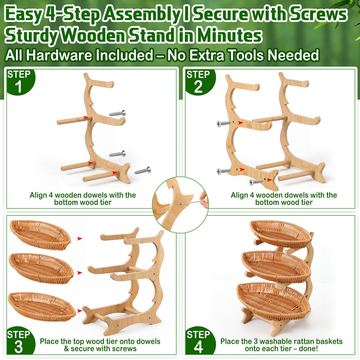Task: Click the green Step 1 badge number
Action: (x=18, y=87)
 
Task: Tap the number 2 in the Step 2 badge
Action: (x=198, y=87)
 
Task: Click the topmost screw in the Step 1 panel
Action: (x=117, y=113)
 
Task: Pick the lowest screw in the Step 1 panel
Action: (x=143, y=171)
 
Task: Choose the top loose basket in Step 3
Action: (x=40, y=234)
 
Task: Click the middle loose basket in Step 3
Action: (x=41, y=268)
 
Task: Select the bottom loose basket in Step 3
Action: (x=41, y=307)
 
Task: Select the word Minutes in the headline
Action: (x=230, y=35)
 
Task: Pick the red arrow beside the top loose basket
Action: (x=80, y=239)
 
